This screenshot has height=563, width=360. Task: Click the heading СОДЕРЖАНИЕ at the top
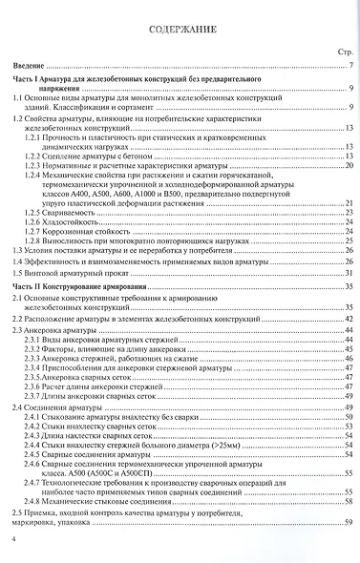pos(180,30)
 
